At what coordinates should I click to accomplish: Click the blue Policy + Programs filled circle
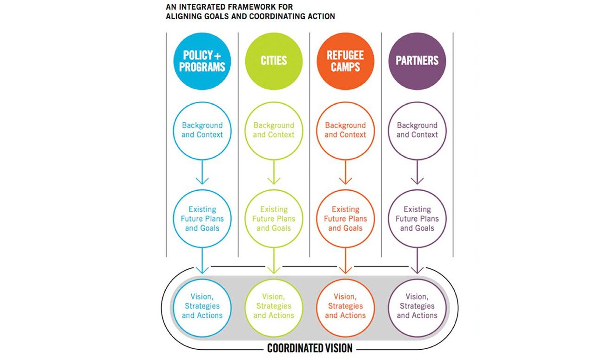click(x=202, y=61)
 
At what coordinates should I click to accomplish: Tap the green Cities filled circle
click(x=274, y=61)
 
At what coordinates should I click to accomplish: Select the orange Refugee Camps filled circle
click(x=345, y=61)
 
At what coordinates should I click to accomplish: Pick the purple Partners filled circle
click(x=417, y=61)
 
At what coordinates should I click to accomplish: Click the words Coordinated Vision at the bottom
click(x=310, y=348)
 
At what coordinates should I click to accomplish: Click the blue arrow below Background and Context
click(x=202, y=172)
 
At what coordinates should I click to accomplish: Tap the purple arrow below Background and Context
click(x=417, y=172)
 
